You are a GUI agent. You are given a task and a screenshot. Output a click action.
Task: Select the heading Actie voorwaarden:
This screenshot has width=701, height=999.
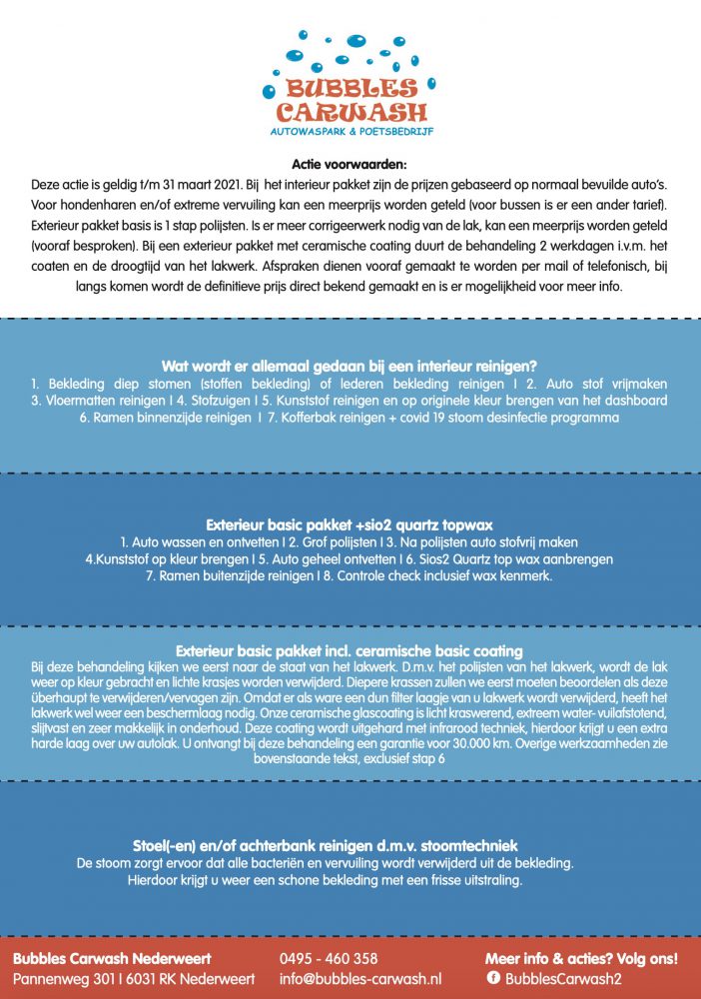350,166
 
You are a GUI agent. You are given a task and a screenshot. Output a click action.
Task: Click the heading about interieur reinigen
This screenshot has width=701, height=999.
350,366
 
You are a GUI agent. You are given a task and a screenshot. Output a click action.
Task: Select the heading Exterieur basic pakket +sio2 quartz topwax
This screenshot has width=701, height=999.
350,523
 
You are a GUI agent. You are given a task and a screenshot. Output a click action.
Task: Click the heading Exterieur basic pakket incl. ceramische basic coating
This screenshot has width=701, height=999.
350,650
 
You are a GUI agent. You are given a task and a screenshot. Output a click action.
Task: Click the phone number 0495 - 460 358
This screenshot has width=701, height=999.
329,959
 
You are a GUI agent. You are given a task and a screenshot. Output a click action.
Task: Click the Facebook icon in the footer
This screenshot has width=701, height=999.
492,980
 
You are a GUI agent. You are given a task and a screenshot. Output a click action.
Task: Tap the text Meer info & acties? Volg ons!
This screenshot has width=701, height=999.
581,959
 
